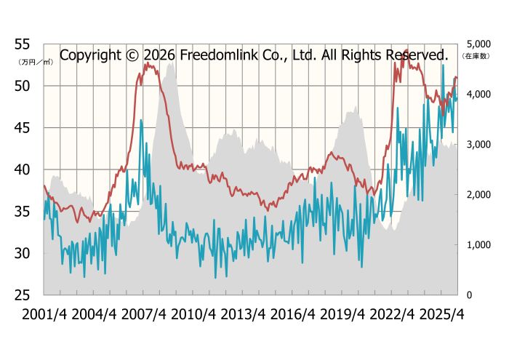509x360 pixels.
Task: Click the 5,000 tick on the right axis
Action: pos(476,44)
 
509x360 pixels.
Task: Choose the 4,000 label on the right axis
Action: pos(476,94)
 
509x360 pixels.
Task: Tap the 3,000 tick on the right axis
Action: pos(476,145)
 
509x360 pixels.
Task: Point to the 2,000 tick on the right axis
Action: pos(476,195)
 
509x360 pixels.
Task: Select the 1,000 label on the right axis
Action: pos(476,245)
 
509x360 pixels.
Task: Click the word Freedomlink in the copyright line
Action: pos(215,55)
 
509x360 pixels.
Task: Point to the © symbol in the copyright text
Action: pos(131,55)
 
